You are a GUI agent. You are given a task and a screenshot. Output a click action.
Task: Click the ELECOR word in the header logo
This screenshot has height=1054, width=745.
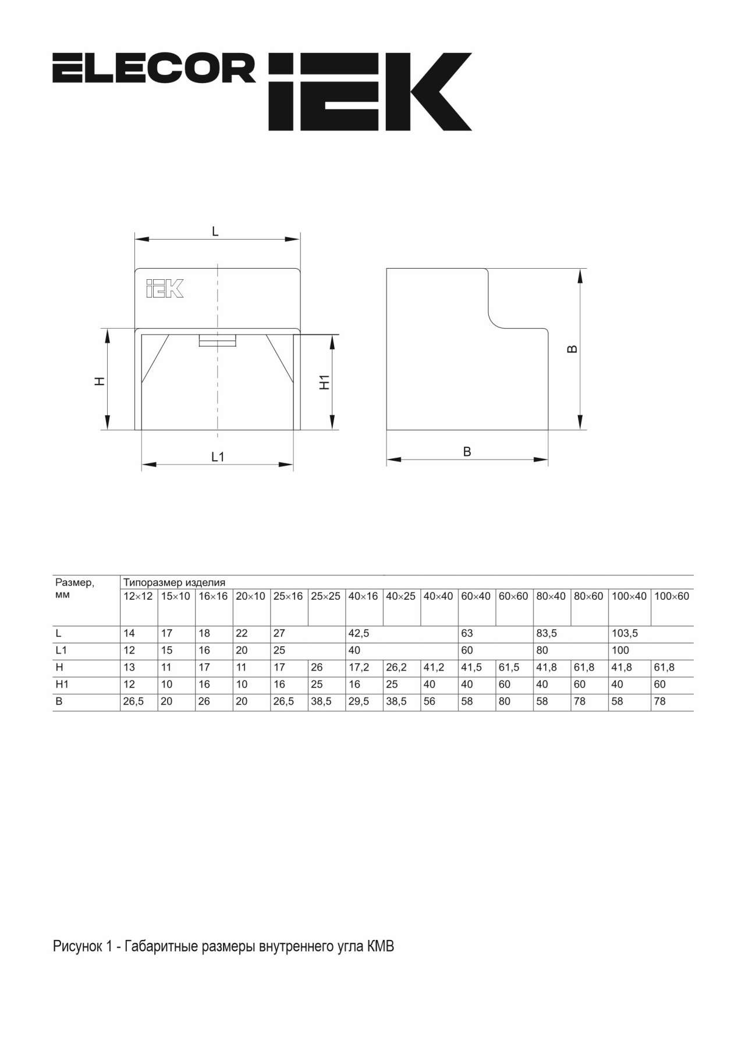[154, 68]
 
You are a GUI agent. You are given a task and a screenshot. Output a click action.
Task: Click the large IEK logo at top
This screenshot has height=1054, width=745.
[370, 91]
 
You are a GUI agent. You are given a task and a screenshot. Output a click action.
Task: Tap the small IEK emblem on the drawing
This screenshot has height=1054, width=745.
[165, 289]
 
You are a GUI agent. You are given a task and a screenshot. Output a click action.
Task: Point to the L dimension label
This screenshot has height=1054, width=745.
[215, 232]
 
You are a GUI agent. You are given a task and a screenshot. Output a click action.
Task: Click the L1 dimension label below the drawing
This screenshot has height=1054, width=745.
[218, 457]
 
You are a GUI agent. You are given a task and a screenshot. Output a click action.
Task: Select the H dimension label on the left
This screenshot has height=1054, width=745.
[100, 381]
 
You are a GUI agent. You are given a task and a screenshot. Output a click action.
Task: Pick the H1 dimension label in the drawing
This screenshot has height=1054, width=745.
[325, 382]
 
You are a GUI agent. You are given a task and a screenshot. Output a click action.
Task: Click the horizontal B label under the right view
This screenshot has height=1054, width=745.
[467, 451]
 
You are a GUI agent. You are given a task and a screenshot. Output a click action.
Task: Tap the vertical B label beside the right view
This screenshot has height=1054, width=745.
[572, 349]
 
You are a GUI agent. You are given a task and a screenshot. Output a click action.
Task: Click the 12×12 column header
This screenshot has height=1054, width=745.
[138, 596]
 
